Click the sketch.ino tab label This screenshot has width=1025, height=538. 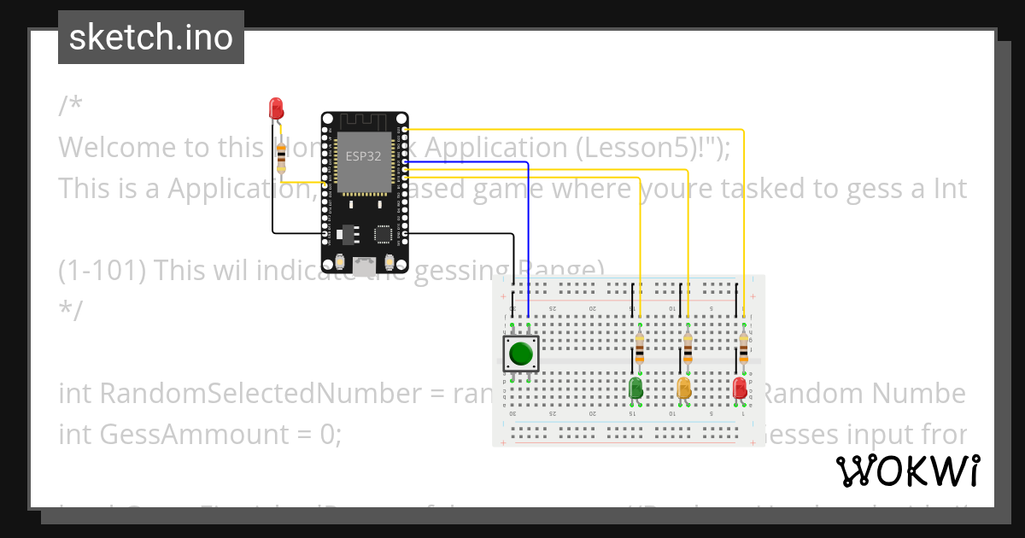pos(151,38)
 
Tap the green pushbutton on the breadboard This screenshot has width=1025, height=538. pos(521,354)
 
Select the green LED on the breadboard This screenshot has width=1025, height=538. pos(636,389)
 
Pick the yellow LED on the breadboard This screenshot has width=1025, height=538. pos(684,389)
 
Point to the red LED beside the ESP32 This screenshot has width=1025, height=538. pos(276,108)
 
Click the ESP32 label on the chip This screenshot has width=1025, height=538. pos(363,156)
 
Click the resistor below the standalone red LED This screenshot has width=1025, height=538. pos(282,158)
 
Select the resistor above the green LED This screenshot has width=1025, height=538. pos(640,348)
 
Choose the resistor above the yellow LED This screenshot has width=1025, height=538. pos(688,348)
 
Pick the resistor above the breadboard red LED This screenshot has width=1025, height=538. pos(743,348)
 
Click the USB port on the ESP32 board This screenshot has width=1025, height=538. pos(365,266)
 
